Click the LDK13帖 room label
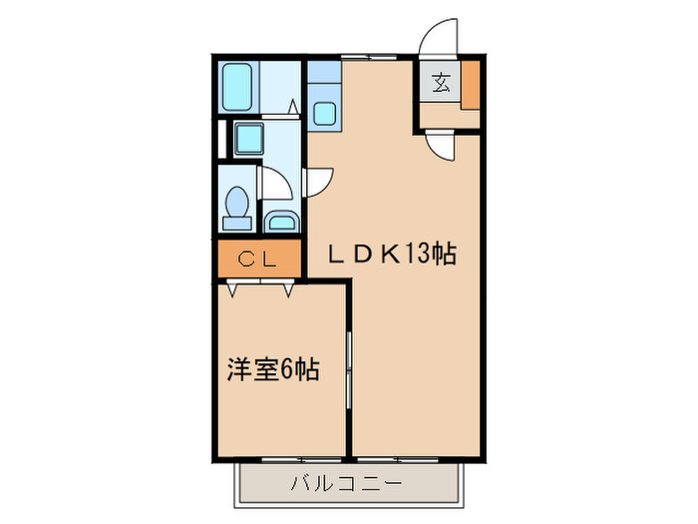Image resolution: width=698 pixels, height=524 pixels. pyautogui.click(x=393, y=254)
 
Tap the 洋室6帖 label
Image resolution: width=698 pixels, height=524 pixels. pyautogui.click(x=272, y=369)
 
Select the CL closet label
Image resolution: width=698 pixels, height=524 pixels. pyautogui.click(x=258, y=261)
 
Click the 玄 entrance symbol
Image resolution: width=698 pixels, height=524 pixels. pyautogui.click(x=441, y=84)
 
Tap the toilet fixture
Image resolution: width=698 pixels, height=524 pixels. pyautogui.click(x=237, y=204)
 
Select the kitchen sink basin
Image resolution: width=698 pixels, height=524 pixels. pyautogui.click(x=323, y=111)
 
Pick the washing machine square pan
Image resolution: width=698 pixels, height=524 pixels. pyautogui.click(x=247, y=138)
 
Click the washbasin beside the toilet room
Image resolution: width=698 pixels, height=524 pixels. pyautogui.click(x=280, y=221)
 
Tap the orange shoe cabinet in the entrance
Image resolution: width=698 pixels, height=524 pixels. pyautogui.click(x=469, y=84)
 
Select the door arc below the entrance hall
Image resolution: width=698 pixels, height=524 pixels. pyautogui.click(x=441, y=146)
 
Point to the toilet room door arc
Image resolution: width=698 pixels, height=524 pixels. pyautogui.click(x=272, y=185)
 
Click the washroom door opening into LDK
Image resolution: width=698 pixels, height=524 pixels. pyautogui.click(x=318, y=181)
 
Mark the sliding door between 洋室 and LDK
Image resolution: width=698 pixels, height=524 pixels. pyautogui.click(x=349, y=370)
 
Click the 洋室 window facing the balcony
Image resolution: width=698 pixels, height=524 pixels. pyautogui.click(x=281, y=459)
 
